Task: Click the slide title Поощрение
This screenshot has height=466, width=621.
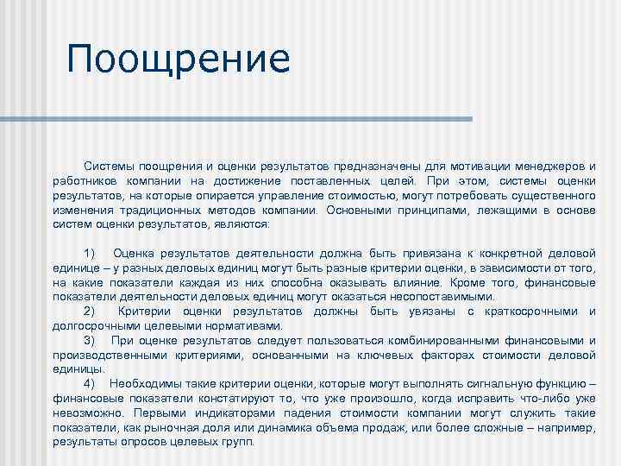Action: pos(179,60)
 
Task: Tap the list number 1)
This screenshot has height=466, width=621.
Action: pos(91,253)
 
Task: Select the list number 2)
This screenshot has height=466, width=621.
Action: pos(91,311)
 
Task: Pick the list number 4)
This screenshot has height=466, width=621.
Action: pos(91,383)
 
